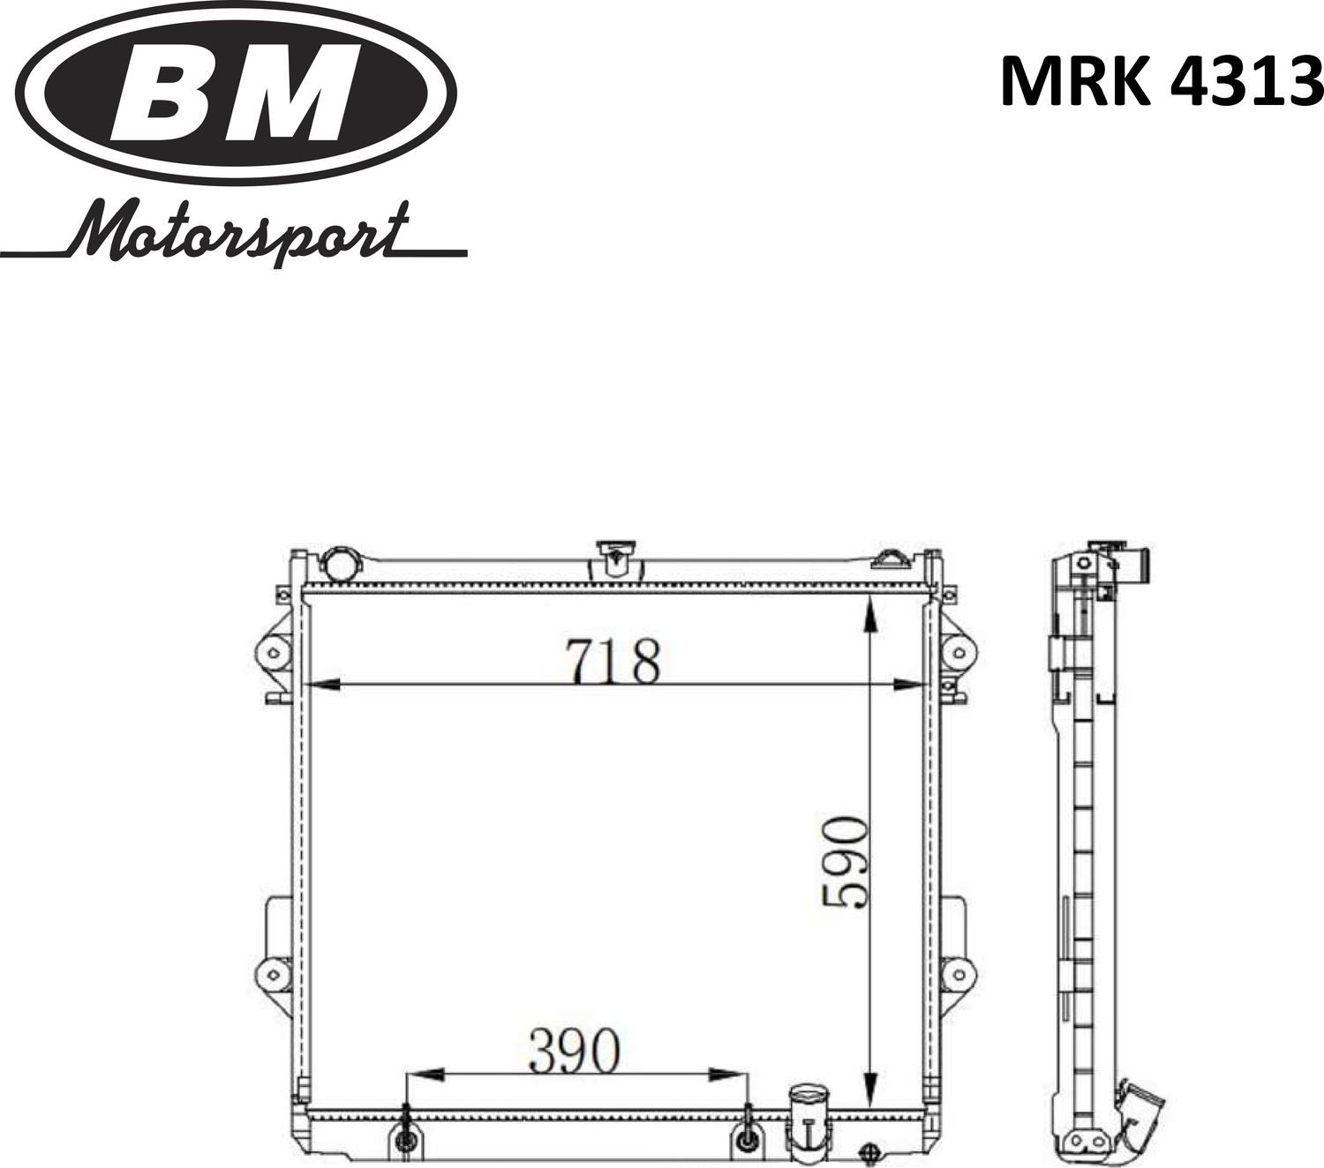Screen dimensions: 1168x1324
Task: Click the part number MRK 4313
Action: coord(1161,82)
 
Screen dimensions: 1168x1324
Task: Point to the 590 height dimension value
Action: coord(845,862)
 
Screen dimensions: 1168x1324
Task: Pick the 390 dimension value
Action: coord(575,1052)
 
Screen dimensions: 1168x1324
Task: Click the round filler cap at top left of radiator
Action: coord(340,562)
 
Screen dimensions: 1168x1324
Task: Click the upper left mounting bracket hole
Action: coord(273,654)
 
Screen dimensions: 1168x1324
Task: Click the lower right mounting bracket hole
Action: coord(955,975)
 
